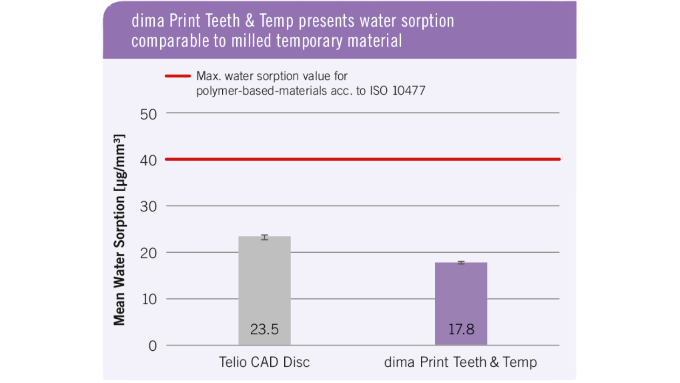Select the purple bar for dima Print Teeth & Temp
tap(461, 298)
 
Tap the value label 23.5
tap(264, 329)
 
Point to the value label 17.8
tap(461, 329)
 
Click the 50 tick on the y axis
tap(148, 114)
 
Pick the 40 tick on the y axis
tap(148, 160)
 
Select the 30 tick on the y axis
tap(148, 207)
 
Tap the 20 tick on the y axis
tap(148, 253)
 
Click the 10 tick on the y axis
tap(149, 300)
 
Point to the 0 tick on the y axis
tap(153, 346)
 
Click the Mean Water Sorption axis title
tap(119, 230)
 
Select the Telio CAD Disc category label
tap(264, 362)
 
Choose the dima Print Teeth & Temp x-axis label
tap(460, 362)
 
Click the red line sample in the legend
tap(178, 76)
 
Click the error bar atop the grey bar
tap(264, 237)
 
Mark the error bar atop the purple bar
tap(461, 263)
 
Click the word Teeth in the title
tap(223, 21)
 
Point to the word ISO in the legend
tap(378, 91)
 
